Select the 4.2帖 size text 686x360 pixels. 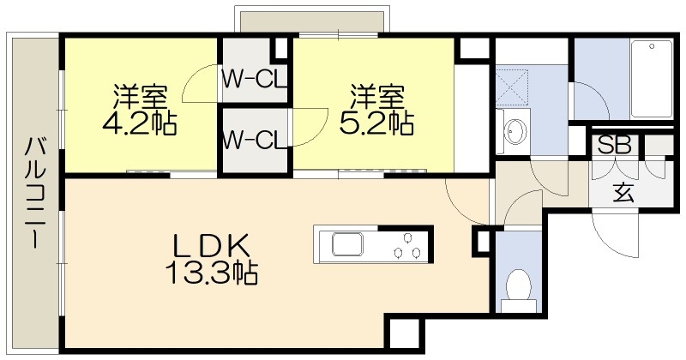pos(140,124)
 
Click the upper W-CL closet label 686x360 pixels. pos(254,80)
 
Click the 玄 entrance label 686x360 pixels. pos(623,193)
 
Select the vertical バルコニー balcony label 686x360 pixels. pos(33,193)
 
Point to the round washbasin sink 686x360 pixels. pos(515,131)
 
